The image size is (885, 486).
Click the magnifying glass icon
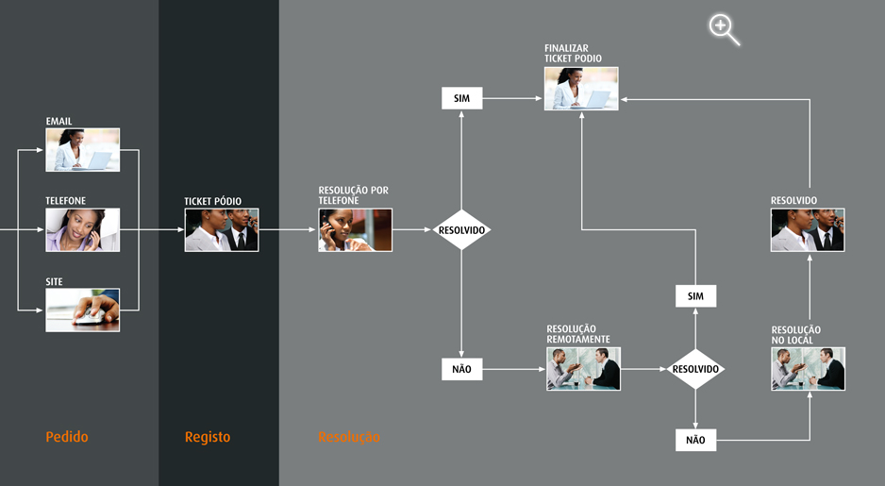pyautogui.click(x=723, y=28)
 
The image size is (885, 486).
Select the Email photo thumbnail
pyautogui.click(x=83, y=149)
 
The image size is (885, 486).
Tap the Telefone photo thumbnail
pyautogui.click(x=83, y=229)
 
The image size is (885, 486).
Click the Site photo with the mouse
pyautogui.click(x=83, y=310)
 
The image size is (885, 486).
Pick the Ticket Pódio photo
pyautogui.click(x=222, y=229)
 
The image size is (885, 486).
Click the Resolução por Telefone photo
pyautogui.click(x=355, y=229)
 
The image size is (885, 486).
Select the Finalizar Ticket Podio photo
pyautogui.click(x=581, y=88)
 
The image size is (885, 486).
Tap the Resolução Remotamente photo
pyautogui.click(x=583, y=368)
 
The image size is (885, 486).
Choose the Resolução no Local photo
pyautogui.click(x=808, y=368)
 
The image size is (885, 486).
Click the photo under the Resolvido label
pyautogui.click(x=808, y=229)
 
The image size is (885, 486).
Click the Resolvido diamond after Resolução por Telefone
pyautogui.click(x=462, y=229)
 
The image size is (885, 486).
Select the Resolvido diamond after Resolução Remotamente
pyautogui.click(x=695, y=368)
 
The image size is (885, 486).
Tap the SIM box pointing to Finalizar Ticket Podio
pyautogui.click(x=462, y=98)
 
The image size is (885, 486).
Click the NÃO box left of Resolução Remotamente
pyautogui.click(x=462, y=369)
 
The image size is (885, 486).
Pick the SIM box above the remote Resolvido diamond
pyautogui.click(x=695, y=296)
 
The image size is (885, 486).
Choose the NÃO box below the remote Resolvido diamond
pyautogui.click(x=695, y=440)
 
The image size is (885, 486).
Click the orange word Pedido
pyautogui.click(x=67, y=437)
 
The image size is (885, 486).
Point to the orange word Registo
pyautogui.click(x=208, y=437)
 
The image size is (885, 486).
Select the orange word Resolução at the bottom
pyautogui.click(x=349, y=437)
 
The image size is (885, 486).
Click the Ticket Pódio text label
pyautogui.click(x=212, y=201)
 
